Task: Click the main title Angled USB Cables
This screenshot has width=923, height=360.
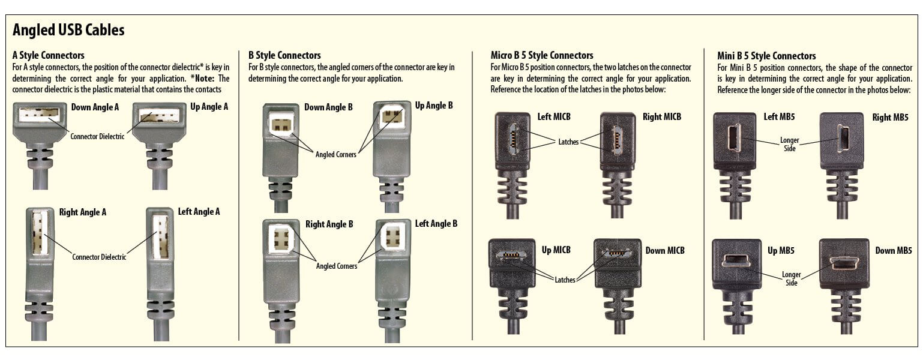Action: (x=68, y=30)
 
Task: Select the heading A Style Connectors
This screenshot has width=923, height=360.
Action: (x=48, y=56)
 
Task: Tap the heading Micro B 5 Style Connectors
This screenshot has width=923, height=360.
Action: (x=541, y=56)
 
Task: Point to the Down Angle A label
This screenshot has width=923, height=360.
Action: (x=95, y=108)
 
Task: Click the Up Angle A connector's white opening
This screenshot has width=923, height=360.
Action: (x=158, y=115)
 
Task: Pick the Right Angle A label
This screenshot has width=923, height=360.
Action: (x=83, y=212)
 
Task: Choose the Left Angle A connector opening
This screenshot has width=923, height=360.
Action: (x=160, y=236)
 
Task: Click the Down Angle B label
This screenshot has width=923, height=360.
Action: (x=328, y=108)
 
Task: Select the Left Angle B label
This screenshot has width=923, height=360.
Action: (x=436, y=224)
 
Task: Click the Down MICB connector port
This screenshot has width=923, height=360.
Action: (x=615, y=253)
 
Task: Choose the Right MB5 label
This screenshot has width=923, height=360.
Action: (x=890, y=118)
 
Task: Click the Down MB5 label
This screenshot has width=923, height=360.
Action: (x=893, y=251)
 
